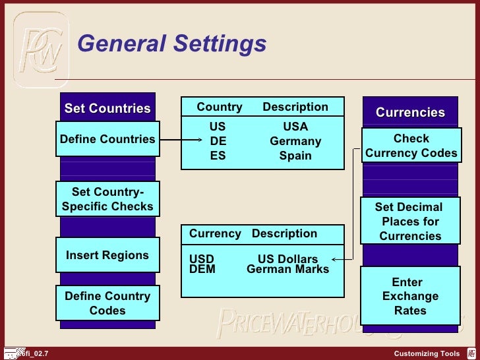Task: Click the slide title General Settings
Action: coord(171,44)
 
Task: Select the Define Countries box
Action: coord(107,139)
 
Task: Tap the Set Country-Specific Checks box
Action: coord(107,199)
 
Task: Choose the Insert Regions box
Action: coord(107,255)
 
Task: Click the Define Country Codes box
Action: coord(107,303)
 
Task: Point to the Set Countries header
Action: coord(107,109)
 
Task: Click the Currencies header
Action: coord(410,113)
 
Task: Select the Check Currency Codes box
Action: coord(411,146)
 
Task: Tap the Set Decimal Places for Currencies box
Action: coord(410,222)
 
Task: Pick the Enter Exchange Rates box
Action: coord(410,297)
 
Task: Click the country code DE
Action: coord(218,141)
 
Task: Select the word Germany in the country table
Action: coord(295,141)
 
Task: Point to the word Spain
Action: coord(295,156)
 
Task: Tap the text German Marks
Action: coord(287,269)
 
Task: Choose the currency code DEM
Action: coord(202,269)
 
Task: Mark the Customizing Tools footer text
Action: coord(427,354)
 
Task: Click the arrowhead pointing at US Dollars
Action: coord(336,259)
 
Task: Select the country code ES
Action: coord(218,156)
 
